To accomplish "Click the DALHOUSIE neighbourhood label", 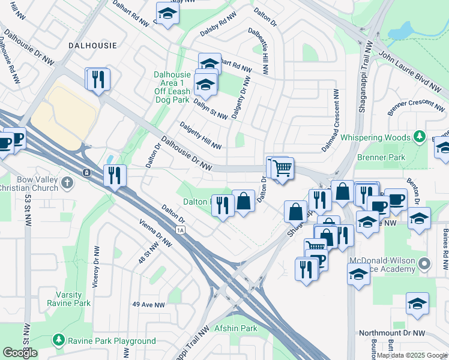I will pos(92,45).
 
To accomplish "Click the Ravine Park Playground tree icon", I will pos(59,341).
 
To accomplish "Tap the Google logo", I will pos(20,353).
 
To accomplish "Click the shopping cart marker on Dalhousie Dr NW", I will pos(282,167).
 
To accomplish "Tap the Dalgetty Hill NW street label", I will pos(200,136).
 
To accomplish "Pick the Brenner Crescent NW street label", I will pos(416,106).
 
